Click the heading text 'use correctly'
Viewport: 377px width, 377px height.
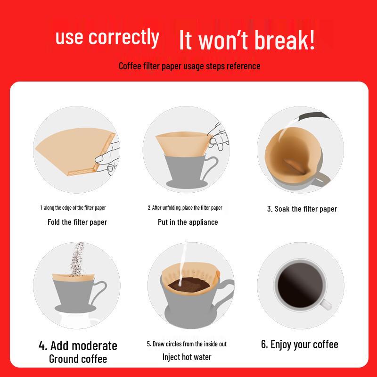tap(107, 37)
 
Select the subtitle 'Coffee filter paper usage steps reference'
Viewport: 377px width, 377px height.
tap(189, 66)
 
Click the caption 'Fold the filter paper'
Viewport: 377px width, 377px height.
tap(77, 222)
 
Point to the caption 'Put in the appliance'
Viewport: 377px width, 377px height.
tap(188, 222)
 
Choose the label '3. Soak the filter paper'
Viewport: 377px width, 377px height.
tap(302, 209)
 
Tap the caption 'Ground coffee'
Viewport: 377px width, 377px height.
tap(78, 359)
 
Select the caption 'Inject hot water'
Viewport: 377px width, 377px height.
tap(187, 357)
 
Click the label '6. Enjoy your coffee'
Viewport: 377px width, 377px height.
tap(300, 344)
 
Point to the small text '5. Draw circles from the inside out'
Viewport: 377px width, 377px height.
tap(187, 344)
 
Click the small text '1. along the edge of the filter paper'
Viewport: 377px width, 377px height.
tap(77, 207)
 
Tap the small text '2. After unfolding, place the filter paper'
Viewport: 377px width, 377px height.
tap(185, 207)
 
